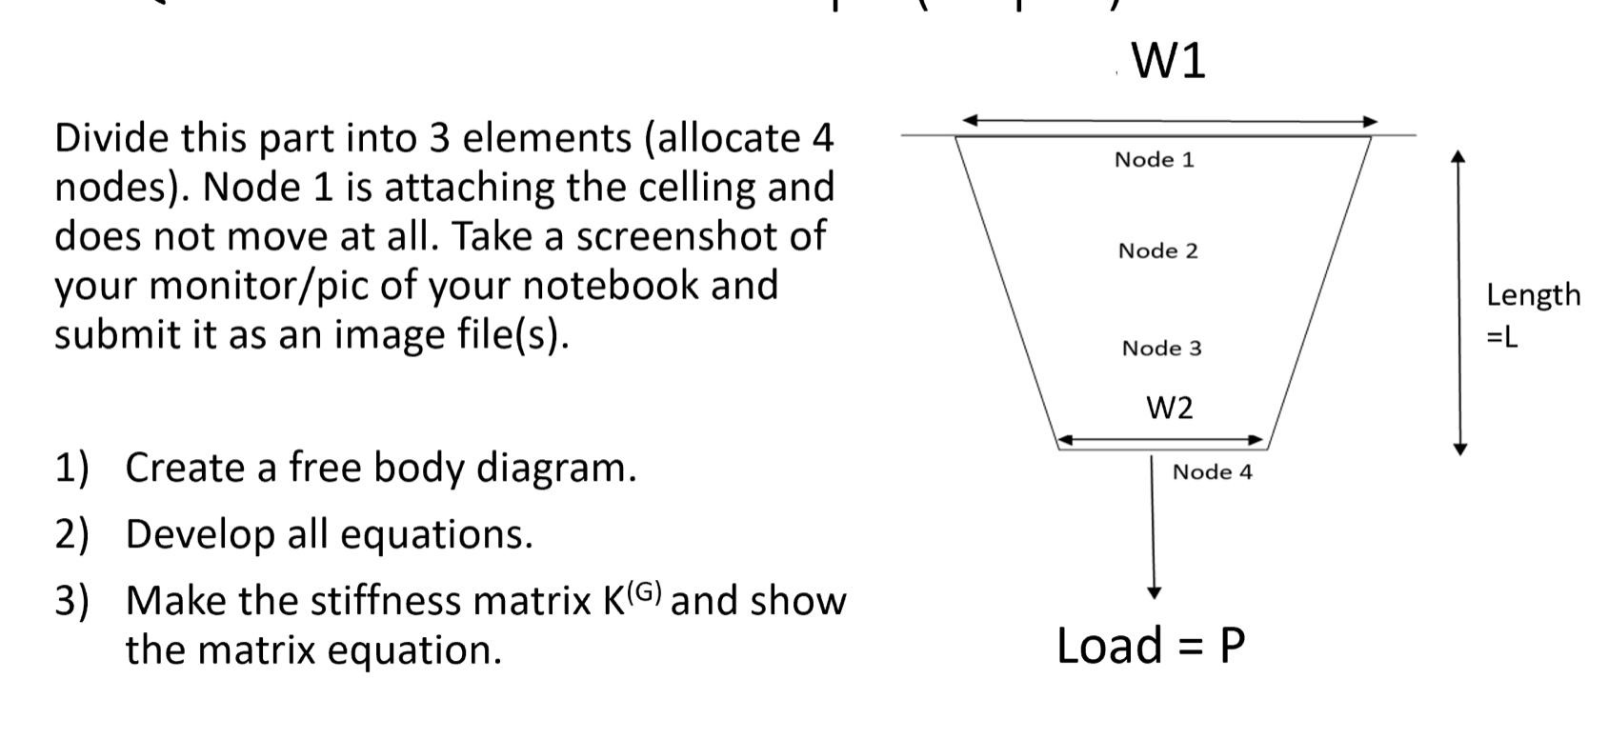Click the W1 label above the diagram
coord(1169,61)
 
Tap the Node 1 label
coord(1154,160)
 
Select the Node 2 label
coord(1157,251)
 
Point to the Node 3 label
coord(1161,349)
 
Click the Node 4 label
coord(1212,472)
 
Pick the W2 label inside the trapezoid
coord(1169,409)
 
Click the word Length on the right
coord(1533,295)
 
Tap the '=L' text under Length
coord(1502,338)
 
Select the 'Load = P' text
coord(1151,646)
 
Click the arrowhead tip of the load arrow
coord(1155,594)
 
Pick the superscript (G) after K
coord(644,589)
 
